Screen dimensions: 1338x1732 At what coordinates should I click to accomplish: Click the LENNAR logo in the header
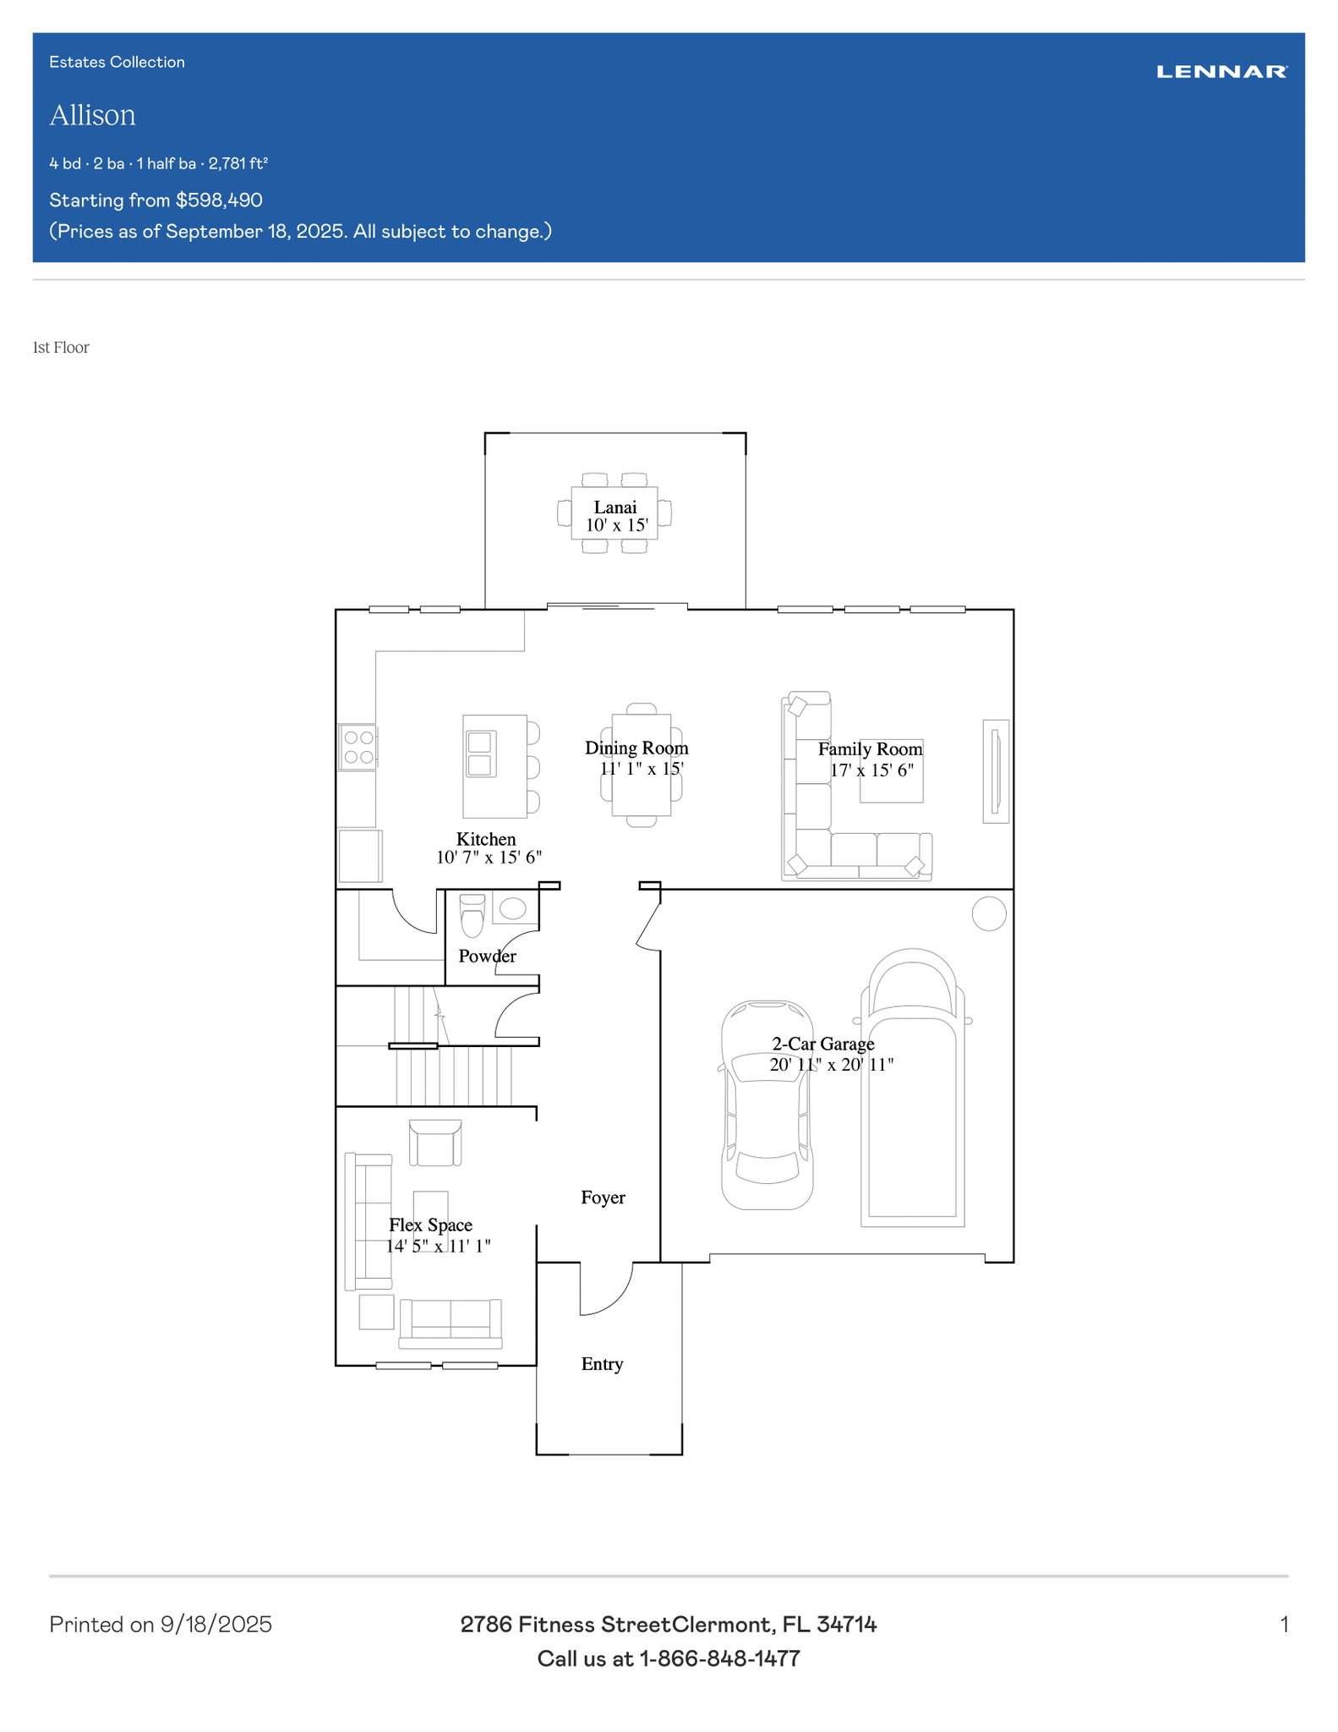1221,72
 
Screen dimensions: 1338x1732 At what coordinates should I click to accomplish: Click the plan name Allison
92,115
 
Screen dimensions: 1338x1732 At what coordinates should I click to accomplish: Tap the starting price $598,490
219,200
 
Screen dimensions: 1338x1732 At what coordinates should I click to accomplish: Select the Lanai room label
615,507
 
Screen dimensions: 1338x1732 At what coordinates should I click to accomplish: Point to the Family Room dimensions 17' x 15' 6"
871,770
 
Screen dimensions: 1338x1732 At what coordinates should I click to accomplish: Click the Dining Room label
636,748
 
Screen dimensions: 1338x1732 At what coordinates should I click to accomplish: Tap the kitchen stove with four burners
358,748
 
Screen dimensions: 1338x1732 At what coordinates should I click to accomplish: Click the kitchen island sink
480,754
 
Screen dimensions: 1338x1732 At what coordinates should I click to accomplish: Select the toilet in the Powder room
472,916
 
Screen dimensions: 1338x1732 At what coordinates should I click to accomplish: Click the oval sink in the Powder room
513,908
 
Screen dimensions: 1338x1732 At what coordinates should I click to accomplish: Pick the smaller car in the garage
767,1105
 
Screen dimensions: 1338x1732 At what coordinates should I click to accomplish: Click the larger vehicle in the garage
913,1088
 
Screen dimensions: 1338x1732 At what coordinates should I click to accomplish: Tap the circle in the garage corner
989,913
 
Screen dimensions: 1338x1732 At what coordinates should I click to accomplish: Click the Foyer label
603,1198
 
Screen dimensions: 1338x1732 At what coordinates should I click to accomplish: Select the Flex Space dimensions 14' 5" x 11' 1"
439,1246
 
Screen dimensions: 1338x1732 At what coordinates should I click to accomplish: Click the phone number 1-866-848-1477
719,1658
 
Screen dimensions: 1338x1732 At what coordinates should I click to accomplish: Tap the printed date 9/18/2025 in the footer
216,1625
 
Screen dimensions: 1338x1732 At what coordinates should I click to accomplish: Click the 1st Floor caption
61,348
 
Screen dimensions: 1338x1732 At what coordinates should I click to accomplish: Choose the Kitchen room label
486,839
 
